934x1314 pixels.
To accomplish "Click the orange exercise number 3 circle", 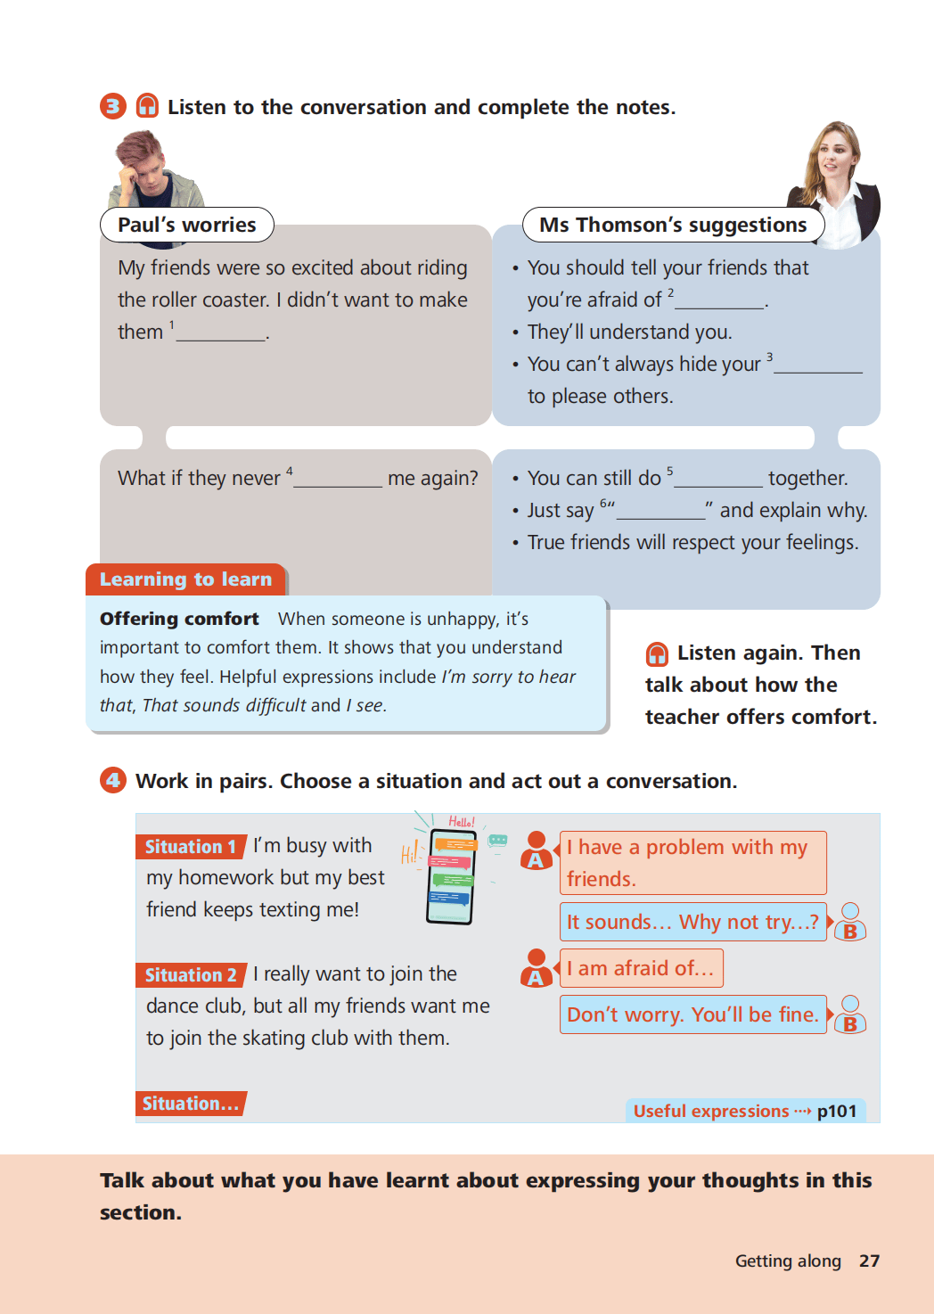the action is click(x=113, y=106).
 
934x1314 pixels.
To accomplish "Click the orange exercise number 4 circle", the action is click(x=113, y=780).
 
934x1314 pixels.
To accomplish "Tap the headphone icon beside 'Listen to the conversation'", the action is click(x=147, y=105).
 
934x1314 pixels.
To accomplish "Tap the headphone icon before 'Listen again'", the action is click(x=657, y=654).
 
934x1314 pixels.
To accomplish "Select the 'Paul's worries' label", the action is click(x=187, y=225).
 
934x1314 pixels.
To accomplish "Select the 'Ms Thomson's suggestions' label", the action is click(x=673, y=225).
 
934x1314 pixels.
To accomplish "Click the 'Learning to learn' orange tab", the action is click(x=186, y=579).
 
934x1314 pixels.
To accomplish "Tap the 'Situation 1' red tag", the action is click(x=191, y=847).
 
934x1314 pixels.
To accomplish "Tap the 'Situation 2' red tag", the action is click(x=191, y=975).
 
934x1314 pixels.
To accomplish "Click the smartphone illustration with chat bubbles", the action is click(x=451, y=876).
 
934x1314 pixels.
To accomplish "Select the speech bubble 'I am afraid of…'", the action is click(x=642, y=968).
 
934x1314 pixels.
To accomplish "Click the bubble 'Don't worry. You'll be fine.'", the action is click(x=693, y=1014).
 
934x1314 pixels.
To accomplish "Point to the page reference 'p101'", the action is click(x=837, y=1111).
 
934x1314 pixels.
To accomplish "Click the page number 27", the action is click(x=870, y=1261).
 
